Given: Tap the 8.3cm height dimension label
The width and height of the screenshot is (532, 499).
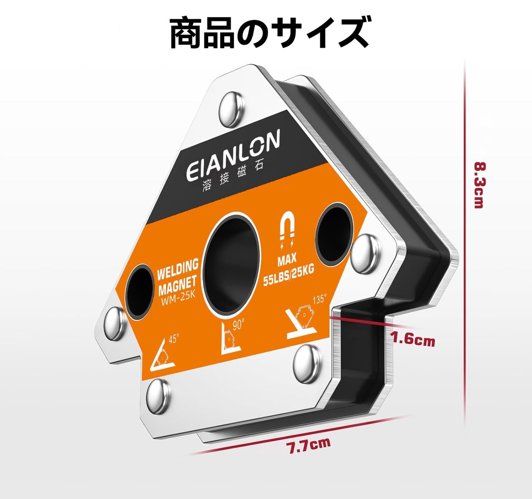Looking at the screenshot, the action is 479,185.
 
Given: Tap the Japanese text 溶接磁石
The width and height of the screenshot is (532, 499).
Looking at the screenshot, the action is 233,180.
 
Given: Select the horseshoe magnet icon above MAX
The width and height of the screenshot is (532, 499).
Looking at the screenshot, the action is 288,228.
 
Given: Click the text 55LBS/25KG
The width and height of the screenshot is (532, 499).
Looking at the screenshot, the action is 288,275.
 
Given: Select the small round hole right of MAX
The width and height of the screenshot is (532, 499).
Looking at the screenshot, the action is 333,234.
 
